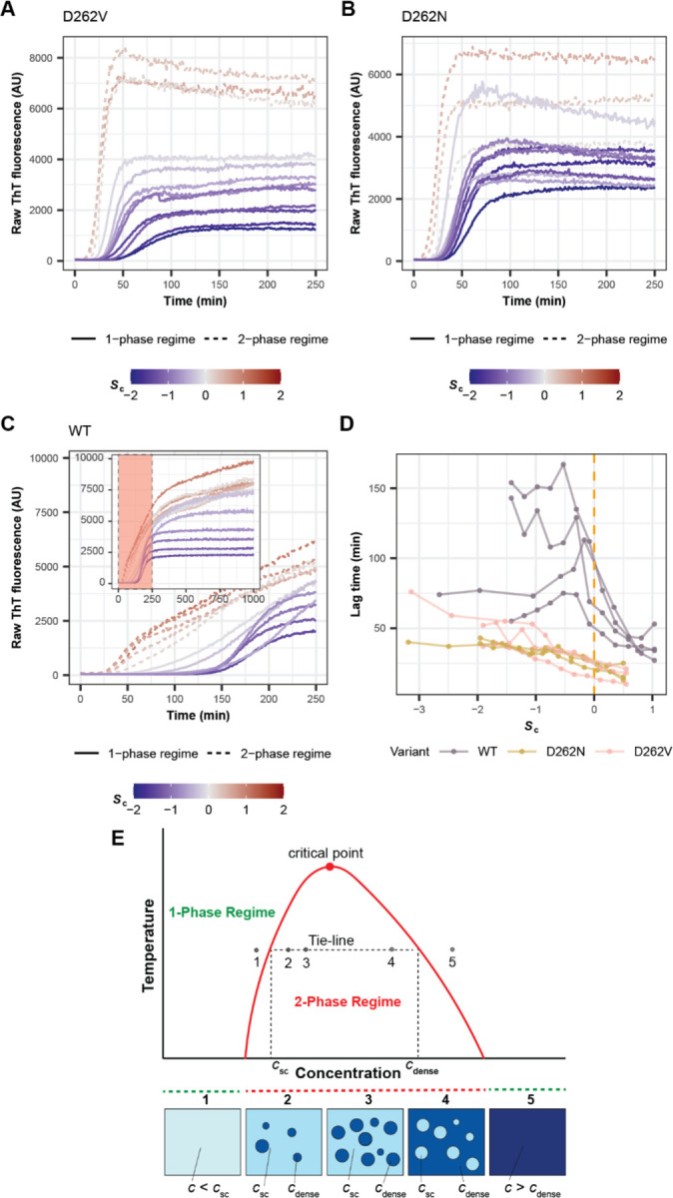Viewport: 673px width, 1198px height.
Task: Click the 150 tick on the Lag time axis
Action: [x=384, y=489]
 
